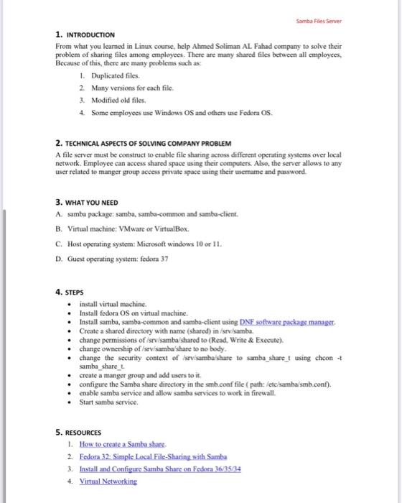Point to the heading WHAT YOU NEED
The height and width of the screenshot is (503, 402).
coord(90,203)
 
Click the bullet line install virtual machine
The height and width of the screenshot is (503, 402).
coord(112,305)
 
